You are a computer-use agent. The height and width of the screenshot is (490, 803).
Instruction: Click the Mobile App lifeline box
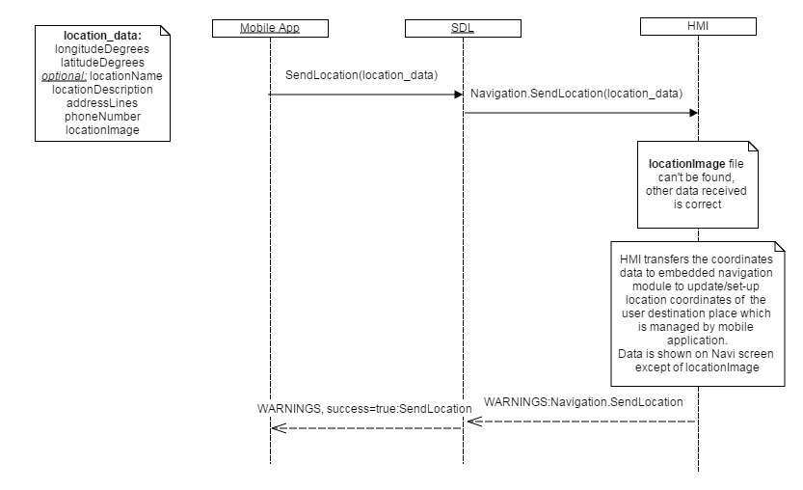point(270,28)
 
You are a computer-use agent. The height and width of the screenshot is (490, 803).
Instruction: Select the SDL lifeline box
point(463,28)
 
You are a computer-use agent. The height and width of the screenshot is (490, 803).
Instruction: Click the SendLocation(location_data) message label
point(361,75)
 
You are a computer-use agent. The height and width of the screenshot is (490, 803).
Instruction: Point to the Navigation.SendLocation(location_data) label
point(576,95)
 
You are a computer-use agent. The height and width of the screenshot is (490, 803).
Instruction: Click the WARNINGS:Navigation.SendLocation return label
point(583,401)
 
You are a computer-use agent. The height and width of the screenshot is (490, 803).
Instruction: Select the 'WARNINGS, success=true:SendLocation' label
point(358,409)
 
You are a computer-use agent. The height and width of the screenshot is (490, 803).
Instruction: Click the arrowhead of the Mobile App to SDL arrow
point(458,95)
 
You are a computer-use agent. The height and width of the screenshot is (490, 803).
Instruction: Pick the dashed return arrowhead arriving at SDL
point(472,422)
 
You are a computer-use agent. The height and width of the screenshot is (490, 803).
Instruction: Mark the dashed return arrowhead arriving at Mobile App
point(278,428)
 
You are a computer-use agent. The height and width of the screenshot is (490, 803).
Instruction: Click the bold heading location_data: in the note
point(102,36)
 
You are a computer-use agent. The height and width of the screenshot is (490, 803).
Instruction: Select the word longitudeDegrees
point(102,49)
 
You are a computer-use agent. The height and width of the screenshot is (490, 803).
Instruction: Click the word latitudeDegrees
point(102,63)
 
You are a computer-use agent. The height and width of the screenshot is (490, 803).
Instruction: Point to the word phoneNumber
point(102,117)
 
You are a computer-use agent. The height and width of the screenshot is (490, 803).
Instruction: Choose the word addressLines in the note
point(102,103)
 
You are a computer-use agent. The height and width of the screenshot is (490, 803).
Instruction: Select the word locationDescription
point(102,90)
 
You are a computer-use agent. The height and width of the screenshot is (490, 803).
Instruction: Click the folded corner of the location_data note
point(165,30)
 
